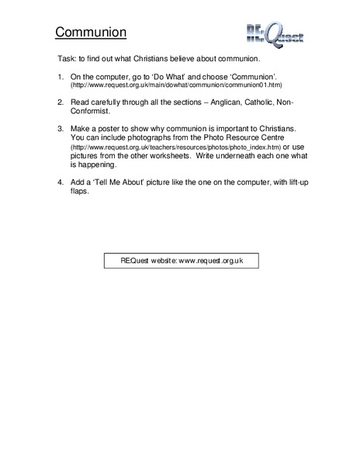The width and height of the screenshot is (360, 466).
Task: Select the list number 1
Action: click(61, 79)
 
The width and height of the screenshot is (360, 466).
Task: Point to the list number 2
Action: click(61, 103)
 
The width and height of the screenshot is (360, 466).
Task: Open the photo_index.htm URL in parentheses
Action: click(164, 148)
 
